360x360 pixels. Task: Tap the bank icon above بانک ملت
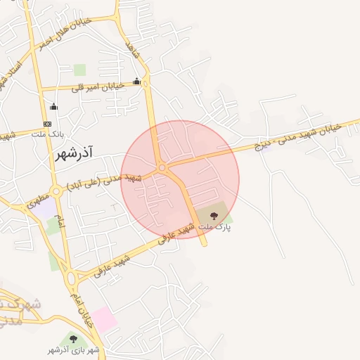[47, 124]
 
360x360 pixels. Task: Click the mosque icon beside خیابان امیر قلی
[136, 82]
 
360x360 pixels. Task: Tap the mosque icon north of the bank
[53, 107]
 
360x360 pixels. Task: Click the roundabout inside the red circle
[162, 168]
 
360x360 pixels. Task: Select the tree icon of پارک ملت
[214, 216]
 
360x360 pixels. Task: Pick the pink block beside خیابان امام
[105, 319]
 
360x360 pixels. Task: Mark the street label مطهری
[39, 198]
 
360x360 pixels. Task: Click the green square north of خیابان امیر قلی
[79, 70]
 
